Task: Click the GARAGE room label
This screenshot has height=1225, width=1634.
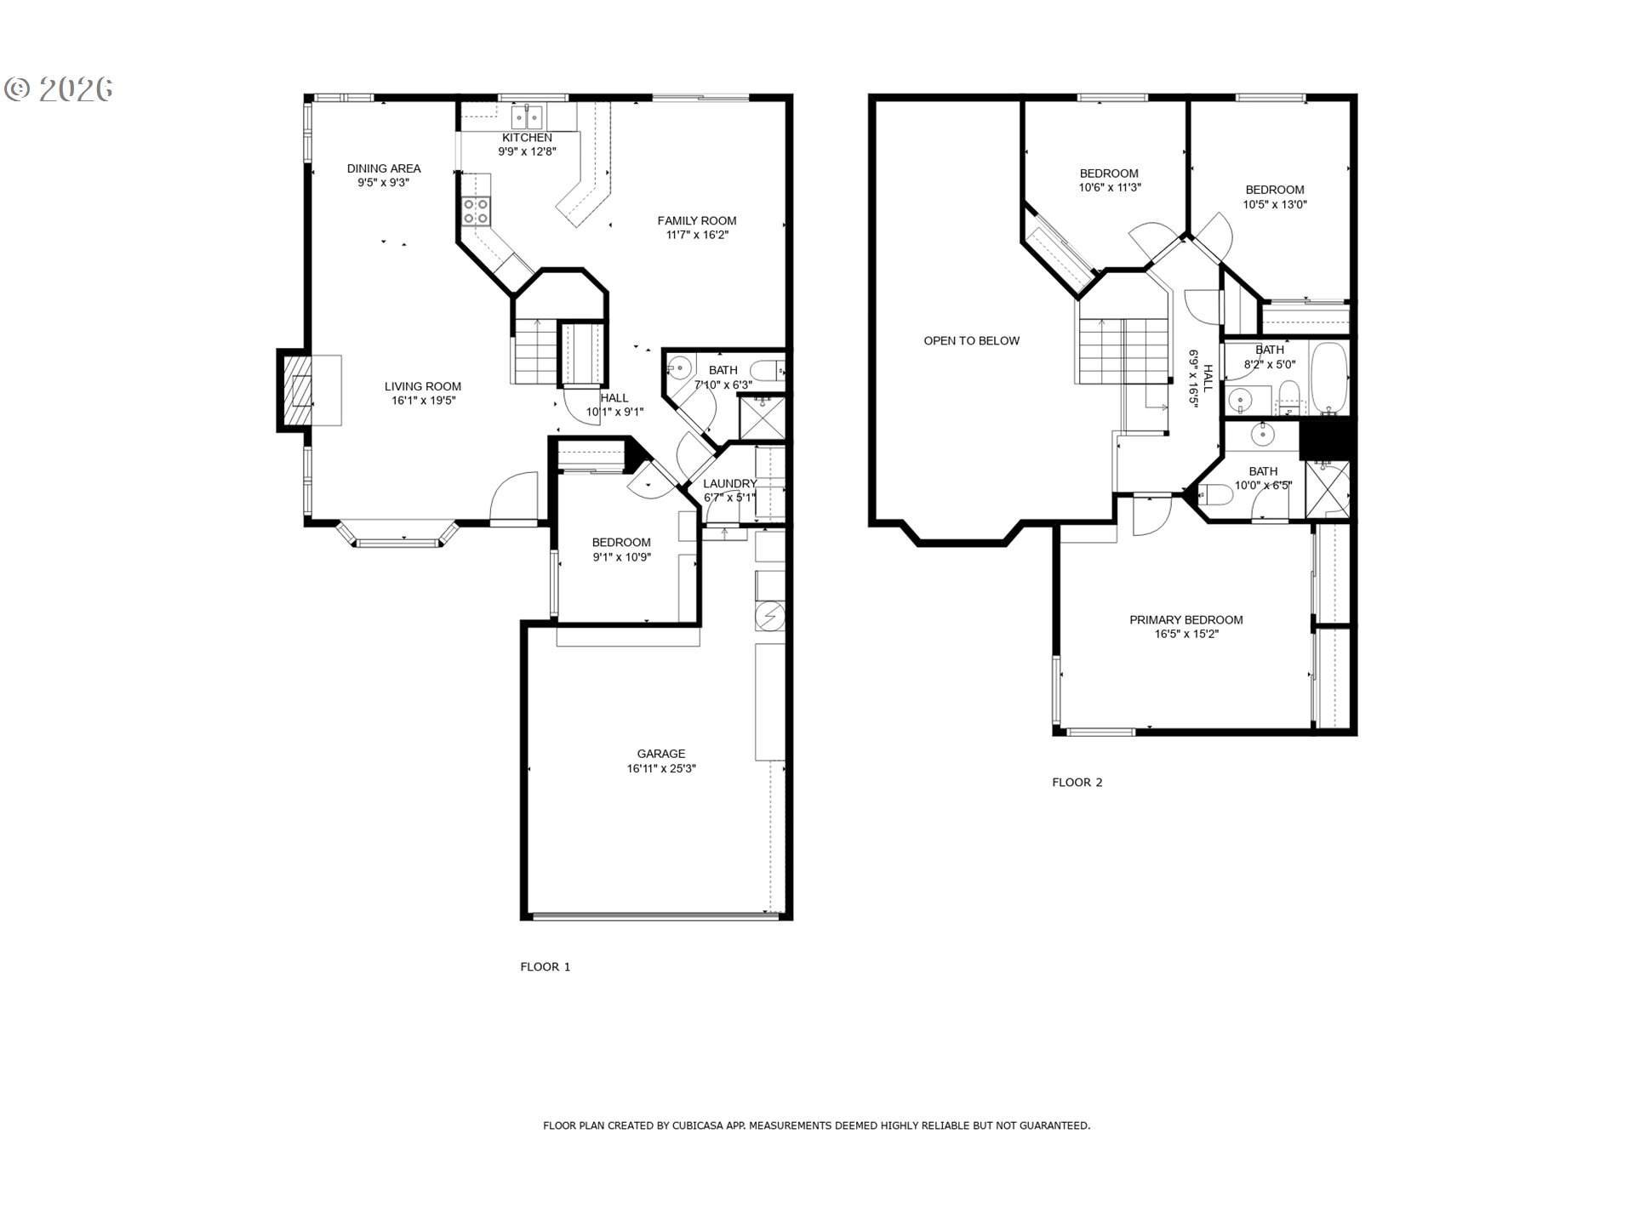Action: point(660,754)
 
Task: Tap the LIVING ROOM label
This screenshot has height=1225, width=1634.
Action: point(422,386)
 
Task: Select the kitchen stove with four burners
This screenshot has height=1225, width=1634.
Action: point(477,211)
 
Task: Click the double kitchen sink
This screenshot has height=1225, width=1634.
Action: point(528,115)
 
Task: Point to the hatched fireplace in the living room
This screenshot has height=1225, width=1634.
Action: point(300,391)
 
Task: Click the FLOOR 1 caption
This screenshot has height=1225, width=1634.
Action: point(546,966)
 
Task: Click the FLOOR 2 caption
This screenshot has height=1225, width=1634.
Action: point(1077,782)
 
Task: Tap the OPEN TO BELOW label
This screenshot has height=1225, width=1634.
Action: point(972,340)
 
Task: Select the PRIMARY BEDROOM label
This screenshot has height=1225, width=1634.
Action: point(1186,619)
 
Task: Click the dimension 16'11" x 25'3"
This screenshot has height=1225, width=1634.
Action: point(661,768)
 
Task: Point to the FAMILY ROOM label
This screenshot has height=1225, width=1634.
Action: point(697,220)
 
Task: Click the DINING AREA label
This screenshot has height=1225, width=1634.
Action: point(384,168)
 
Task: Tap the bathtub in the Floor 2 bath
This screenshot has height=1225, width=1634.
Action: point(1328,379)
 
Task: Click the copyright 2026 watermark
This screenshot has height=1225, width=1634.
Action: point(60,88)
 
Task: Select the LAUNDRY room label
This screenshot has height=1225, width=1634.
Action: point(730,483)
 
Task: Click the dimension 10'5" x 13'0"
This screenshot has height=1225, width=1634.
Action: point(1275,204)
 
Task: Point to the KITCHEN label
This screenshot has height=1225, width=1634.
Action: point(527,137)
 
